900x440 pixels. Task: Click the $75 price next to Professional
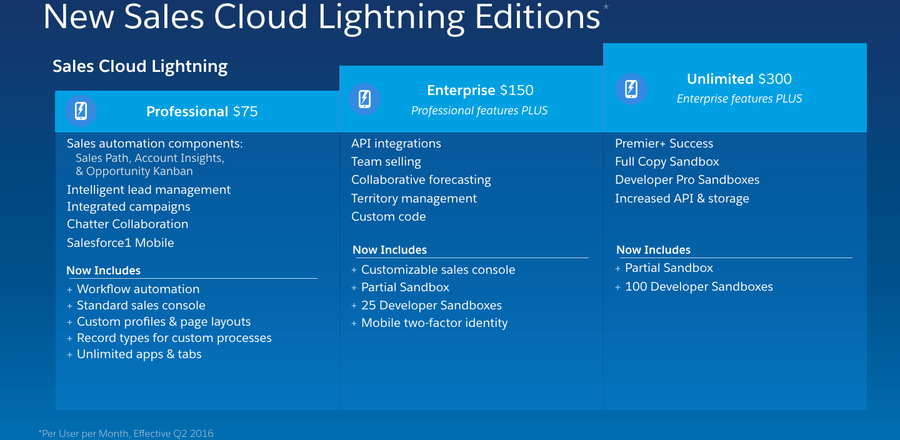point(246,111)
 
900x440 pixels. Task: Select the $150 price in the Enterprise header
point(517,91)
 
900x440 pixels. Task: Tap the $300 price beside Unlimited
point(775,79)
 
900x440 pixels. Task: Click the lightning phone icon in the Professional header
point(81,111)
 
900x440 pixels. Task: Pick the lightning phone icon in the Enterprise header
point(365,99)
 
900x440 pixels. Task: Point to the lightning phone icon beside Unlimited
point(631,89)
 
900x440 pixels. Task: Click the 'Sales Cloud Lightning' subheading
point(140,66)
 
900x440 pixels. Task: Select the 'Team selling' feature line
point(386,161)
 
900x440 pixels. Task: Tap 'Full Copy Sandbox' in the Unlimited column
point(667,161)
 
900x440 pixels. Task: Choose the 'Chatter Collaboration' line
point(127,224)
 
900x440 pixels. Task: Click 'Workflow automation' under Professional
point(138,289)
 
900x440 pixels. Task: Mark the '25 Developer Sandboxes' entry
point(431,306)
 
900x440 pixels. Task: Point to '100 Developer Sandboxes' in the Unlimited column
point(699,286)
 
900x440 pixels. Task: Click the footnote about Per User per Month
point(126,434)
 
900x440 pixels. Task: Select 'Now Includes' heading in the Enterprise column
point(390,250)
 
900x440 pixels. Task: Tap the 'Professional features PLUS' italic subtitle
point(479,111)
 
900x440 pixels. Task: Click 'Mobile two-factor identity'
point(434,323)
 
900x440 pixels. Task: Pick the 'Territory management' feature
point(414,199)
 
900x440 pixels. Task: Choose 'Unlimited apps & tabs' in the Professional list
point(139,354)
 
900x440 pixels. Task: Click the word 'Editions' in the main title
point(537,17)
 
